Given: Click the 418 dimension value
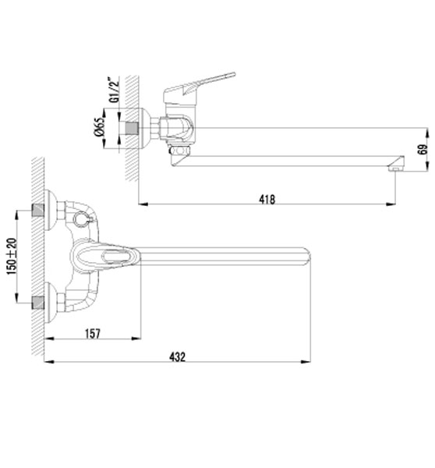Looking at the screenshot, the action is coord(267,199).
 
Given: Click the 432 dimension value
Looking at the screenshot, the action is coord(177,356).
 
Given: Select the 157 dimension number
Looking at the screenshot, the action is coord(93,333).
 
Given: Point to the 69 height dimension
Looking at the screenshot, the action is coord(423,149).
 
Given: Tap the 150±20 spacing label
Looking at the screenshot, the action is coord(12,257).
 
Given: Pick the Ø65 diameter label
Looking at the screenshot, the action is coord(100,127).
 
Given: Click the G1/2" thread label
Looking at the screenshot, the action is coord(114,90).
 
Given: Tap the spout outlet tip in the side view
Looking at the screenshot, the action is coord(396,164).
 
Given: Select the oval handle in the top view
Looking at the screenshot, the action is coord(105,257).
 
